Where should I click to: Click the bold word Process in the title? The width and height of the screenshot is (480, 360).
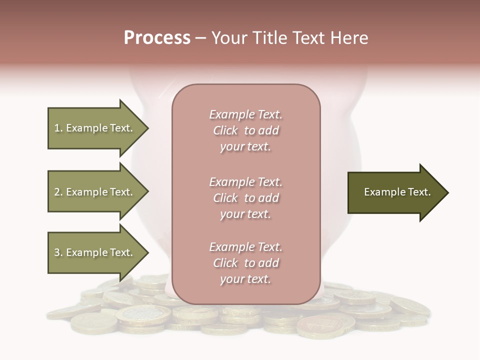[157, 38]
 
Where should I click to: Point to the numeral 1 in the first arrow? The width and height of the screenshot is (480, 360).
[57, 128]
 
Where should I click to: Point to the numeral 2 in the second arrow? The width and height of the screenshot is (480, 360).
[57, 192]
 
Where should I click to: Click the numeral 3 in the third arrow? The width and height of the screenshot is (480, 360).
[57, 252]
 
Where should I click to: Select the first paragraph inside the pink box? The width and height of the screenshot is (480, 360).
[245, 130]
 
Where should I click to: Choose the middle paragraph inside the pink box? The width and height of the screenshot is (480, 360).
[245, 198]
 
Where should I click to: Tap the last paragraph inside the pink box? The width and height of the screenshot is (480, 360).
[245, 263]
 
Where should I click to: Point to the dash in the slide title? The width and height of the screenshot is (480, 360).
[200, 38]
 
